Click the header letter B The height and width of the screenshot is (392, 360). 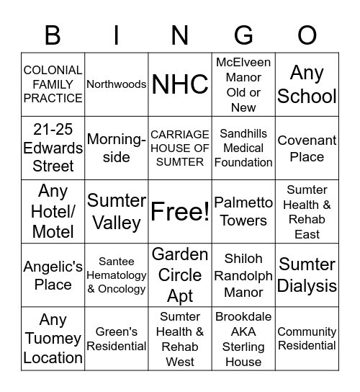pyautogui.click(x=53, y=35)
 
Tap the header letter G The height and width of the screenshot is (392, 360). pyautogui.click(x=244, y=35)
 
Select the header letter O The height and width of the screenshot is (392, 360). pyautogui.click(x=307, y=35)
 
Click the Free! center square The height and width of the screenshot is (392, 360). pyautogui.click(x=180, y=211)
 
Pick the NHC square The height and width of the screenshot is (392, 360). pyautogui.click(x=180, y=84)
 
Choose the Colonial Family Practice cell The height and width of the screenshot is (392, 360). pyautogui.click(x=53, y=84)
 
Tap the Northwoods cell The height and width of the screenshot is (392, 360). pyautogui.click(x=117, y=84)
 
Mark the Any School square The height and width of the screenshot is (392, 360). pyautogui.click(x=307, y=84)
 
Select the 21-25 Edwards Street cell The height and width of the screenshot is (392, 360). pyautogui.click(x=53, y=148)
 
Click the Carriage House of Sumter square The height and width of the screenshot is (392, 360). pyautogui.click(x=180, y=148)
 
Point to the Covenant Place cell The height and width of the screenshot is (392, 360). pyautogui.click(x=307, y=148)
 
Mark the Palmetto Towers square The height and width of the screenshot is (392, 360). pyautogui.click(x=244, y=211)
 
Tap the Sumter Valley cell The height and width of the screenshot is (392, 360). pyautogui.click(x=117, y=211)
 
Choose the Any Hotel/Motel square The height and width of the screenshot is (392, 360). pyautogui.click(x=53, y=211)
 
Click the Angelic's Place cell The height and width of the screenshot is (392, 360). pyautogui.click(x=53, y=275)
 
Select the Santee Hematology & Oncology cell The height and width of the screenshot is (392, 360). pyautogui.click(x=117, y=275)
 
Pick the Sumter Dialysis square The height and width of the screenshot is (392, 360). pyautogui.click(x=307, y=275)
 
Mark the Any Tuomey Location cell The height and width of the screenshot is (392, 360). pyautogui.click(x=53, y=338)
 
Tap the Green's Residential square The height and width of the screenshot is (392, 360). pyautogui.click(x=117, y=338)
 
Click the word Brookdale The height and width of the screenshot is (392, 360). pyautogui.click(x=243, y=316)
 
